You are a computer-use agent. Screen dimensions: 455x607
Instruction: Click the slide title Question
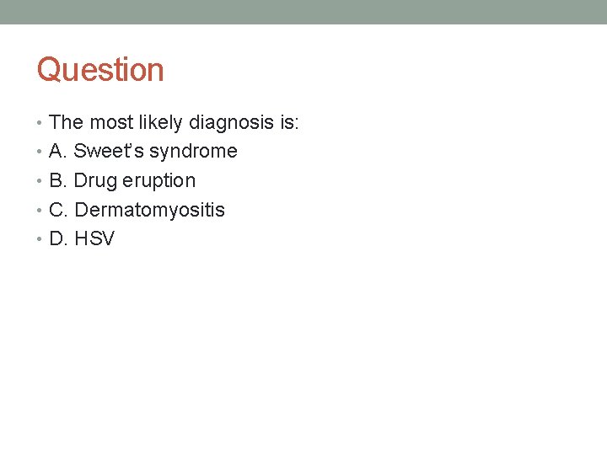tap(100, 70)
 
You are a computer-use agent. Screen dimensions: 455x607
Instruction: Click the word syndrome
tap(193, 152)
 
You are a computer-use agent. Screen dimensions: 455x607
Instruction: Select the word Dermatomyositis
tap(150, 210)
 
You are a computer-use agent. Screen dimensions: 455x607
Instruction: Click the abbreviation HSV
tap(94, 239)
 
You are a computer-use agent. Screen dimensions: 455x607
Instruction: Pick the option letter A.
tap(57, 152)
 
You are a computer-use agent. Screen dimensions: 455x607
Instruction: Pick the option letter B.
tap(57, 181)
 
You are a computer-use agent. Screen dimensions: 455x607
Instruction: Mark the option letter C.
tap(57, 210)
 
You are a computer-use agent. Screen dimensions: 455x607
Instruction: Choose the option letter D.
tap(57, 239)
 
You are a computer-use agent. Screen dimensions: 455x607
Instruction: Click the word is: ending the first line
tap(288, 123)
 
